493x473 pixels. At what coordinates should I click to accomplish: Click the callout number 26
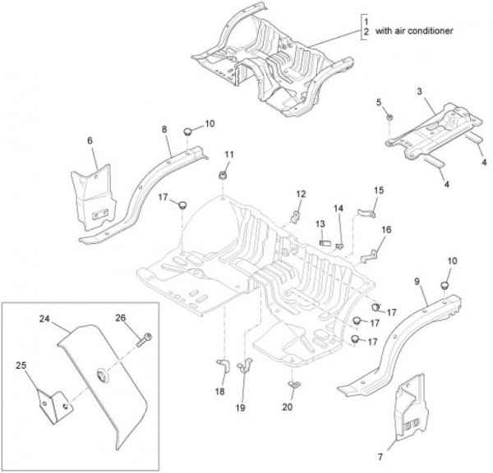pos(121,319)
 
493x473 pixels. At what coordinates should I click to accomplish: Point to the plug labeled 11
pos(223,176)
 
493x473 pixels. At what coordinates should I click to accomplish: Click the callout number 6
pos(90,141)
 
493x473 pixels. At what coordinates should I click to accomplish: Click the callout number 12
pos(301,195)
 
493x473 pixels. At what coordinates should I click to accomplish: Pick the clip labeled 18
pos(220,367)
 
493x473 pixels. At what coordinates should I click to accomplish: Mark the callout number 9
pos(417,282)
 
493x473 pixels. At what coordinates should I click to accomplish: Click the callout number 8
pos(164,129)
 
